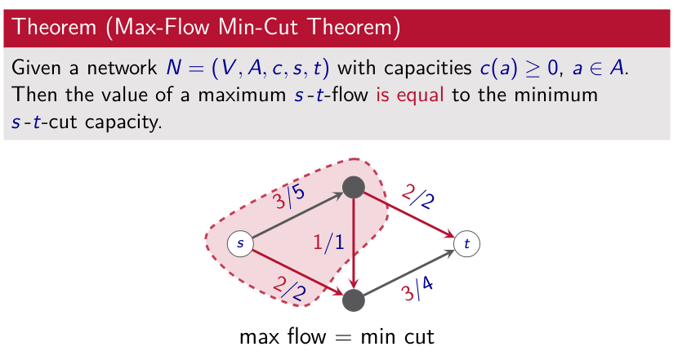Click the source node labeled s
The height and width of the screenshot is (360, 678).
[240, 244]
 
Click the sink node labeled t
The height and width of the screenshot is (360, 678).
[467, 244]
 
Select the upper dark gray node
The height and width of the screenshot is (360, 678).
[354, 187]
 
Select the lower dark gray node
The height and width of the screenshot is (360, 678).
[354, 300]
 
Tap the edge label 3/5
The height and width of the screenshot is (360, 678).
[289, 197]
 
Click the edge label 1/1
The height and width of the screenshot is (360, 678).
[328, 242]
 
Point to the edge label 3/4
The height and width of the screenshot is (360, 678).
[417, 289]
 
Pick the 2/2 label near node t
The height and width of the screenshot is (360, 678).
[417, 197]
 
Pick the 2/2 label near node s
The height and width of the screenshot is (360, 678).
[289, 288]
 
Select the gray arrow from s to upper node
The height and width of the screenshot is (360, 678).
[298, 215]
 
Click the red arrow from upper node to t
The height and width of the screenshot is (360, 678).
[409, 215]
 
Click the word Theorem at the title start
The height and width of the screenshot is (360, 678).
[54, 27]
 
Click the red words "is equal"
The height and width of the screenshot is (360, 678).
[410, 95]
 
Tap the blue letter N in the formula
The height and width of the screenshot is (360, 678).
[174, 68]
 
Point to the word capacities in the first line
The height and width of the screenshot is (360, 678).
[428, 69]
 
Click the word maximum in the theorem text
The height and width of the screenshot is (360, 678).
[242, 95]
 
